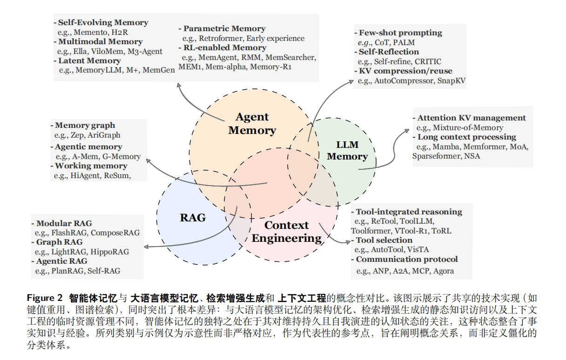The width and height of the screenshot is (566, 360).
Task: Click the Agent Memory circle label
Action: [252, 124]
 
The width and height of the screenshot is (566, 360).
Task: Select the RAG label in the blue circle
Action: [193, 218]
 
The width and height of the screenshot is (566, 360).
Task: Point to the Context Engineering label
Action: [286, 232]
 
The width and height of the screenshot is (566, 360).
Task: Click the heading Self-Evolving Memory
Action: [103, 22]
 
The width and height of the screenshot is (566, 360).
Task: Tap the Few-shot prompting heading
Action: [400, 33]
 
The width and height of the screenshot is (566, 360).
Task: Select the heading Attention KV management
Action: [472, 118]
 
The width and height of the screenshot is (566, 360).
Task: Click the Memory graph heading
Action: [85, 125]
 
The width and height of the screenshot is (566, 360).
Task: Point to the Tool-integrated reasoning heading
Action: [409, 212]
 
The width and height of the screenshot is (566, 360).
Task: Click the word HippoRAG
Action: [110, 252]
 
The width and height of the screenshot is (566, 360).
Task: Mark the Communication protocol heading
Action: [407, 260]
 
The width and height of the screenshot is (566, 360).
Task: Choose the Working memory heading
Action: [91, 166]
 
